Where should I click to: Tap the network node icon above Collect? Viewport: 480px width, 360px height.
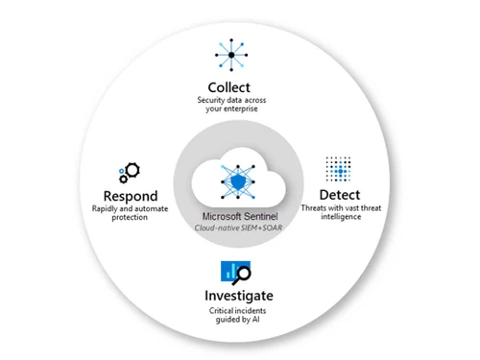point(229,55)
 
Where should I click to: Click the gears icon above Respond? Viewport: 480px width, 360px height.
point(129,174)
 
